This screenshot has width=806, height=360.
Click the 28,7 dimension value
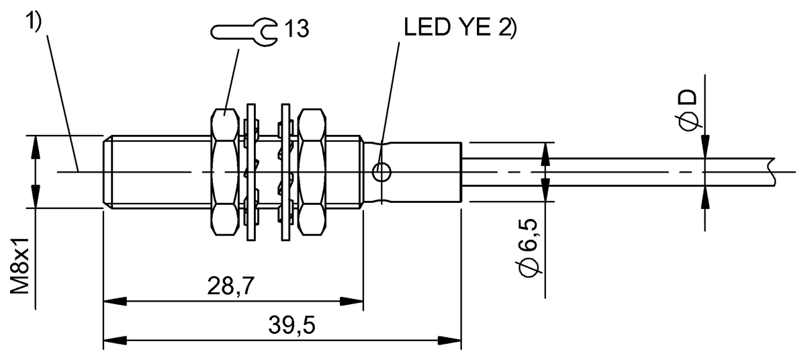pyautogui.click(x=230, y=286)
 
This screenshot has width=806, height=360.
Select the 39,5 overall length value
pyautogui.click(x=292, y=325)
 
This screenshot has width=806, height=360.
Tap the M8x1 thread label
pyautogui.click(x=19, y=265)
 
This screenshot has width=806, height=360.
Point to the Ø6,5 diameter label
pyautogui.click(x=529, y=248)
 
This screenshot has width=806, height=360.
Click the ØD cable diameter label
pyautogui.click(x=688, y=111)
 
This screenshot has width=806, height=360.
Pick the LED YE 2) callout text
pyautogui.click(x=460, y=27)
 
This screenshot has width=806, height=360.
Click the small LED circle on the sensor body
pyautogui.click(x=381, y=172)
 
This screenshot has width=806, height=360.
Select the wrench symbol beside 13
pyautogui.click(x=244, y=32)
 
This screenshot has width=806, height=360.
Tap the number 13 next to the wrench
pyautogui.click(x=297, y=28)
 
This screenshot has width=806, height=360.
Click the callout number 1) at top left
pyautogui.click(x=34, y=22)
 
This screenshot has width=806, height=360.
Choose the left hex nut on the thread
pyautogui.click(x=224, y=172)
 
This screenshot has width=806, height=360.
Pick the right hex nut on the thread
pyautogui.click(x=312, y=172)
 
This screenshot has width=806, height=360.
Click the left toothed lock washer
pyautogui.click(x=251, y=172)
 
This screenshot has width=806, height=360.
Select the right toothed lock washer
pyautogui.click(x=285, y=172)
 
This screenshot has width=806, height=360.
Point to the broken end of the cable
pyautogui.click(x=772, y=172)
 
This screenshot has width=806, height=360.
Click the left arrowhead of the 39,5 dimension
pyautogui.click(x=115, y=340)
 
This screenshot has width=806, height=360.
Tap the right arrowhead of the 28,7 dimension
pyautogui.click(x=351, y=302)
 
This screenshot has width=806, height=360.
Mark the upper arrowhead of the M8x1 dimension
pyautogui.click(x=35, y=148)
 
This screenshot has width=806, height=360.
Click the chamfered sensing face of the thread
pyautogui.click(x=107, y=172)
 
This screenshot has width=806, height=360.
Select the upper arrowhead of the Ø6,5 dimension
pyautogui.click(x=545, y=154)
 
